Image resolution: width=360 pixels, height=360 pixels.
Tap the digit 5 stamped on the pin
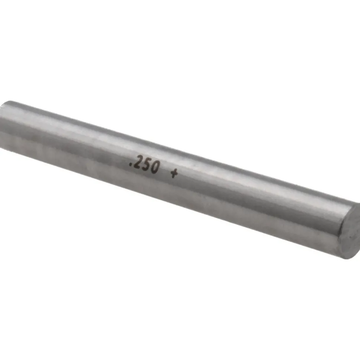click(146, 165)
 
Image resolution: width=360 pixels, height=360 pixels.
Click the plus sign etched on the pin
click(174, 174)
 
